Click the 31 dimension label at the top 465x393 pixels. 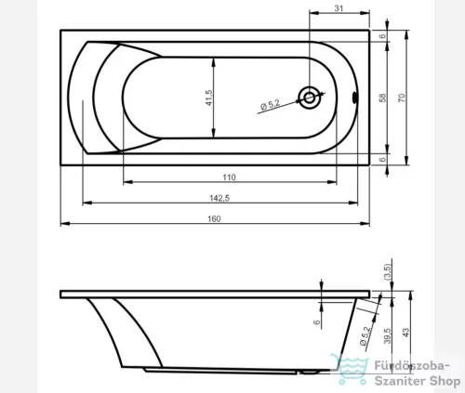point(339,8)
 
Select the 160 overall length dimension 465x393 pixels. point(214,219)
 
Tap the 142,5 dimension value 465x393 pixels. point(219,198)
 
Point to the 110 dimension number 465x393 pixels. point(229,177)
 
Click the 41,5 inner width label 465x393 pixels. point(209,98)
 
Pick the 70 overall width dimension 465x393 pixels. point(402,98)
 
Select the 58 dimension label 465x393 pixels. point(383,98)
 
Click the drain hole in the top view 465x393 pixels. point(310,98)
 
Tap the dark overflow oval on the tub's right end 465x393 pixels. point(354,98)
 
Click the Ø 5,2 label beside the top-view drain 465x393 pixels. point(271,105)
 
